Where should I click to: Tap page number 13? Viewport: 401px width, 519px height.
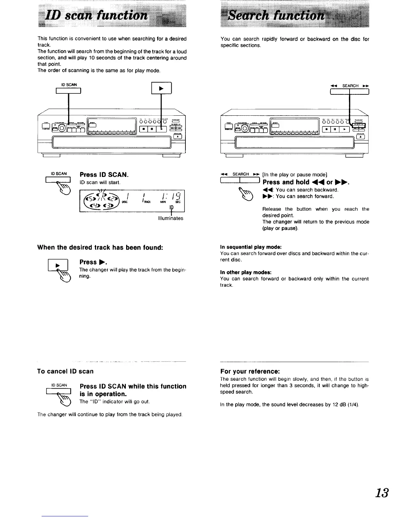click(x=382, y=492)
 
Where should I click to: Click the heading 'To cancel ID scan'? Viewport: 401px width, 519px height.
click(x=65, y=371)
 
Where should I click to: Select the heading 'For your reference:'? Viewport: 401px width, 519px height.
click(x=250, y=371)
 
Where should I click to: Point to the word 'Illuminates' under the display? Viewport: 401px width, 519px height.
click(x=170, y=218)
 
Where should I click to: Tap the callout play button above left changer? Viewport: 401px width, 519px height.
click(x=161, y=89)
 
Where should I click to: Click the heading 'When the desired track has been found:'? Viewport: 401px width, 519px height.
click(x=100, y=247)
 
